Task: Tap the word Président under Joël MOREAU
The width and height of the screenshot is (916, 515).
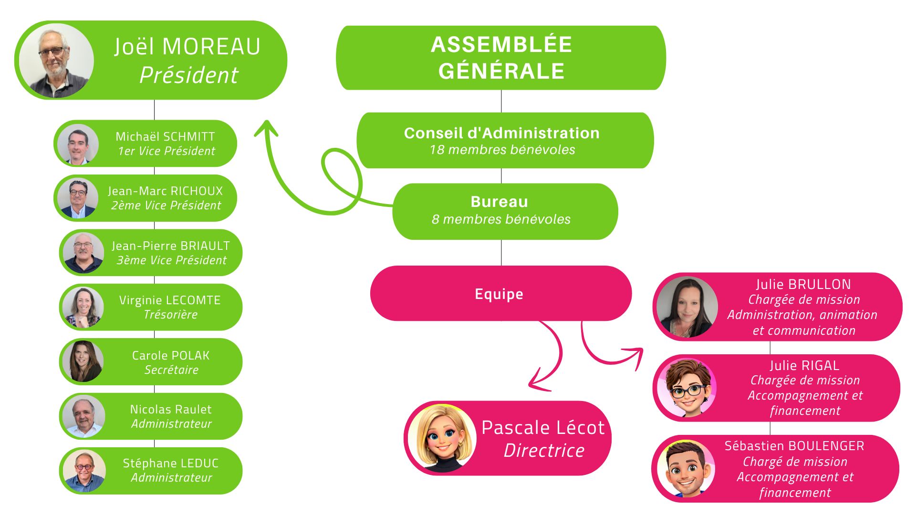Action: [x=189, y=75]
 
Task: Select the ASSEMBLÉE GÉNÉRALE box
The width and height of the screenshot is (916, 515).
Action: [x=501, y=58]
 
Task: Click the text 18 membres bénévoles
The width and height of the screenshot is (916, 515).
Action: [x=502, y=150]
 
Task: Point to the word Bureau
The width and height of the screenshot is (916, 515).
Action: [x=499, y=202]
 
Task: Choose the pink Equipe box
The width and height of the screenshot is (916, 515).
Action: [x=500, y=294]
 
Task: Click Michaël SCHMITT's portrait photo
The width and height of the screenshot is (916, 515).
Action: [x=78, y=144]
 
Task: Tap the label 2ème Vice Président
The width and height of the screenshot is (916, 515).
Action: [x=166, y=206]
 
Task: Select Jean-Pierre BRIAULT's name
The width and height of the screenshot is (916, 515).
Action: [x=170, y=246]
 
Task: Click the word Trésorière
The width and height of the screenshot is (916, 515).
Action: [x=170, y=315]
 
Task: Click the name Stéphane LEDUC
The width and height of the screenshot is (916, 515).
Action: [x=170, y=463]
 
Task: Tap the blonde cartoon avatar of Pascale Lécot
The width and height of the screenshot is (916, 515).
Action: [x=442, y=438]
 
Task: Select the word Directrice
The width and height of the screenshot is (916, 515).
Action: [x=544, y=451]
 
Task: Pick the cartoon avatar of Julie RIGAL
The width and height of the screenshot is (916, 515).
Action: [x=687, y=388]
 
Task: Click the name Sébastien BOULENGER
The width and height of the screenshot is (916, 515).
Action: [x=794, y=446]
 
